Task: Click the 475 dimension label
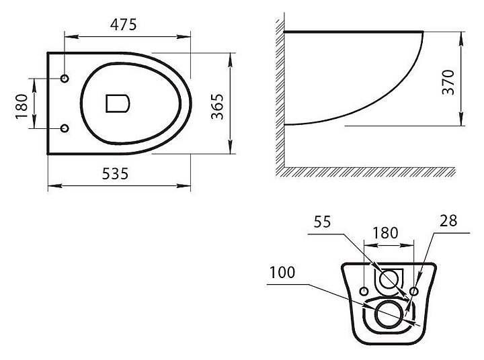[123, 25]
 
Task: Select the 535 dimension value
[115, 174]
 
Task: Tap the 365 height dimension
[217, 106]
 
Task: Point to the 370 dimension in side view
[448, 82]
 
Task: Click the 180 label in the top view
[22, 106]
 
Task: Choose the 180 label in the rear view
[385, 233]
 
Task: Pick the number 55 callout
[322, 222]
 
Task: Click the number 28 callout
[448, 221]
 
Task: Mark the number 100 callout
[282, 273]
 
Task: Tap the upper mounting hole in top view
[65, 79]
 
